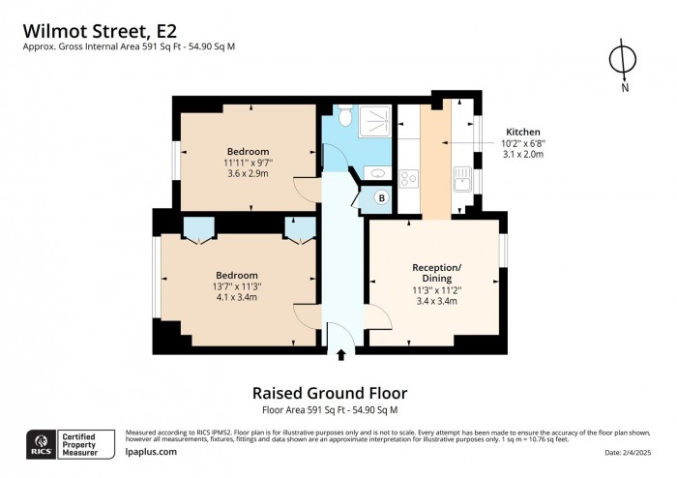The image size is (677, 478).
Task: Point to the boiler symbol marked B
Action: pos(380,198)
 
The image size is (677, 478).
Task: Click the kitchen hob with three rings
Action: pos(408,177)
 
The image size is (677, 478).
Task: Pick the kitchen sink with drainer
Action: pos(461,178)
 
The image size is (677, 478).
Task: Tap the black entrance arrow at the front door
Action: pos(339,355)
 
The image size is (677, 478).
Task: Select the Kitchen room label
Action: pos(523,132)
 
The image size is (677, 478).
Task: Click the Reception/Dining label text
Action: pos(436,273)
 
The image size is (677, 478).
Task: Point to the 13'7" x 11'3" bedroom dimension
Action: pos(237,287)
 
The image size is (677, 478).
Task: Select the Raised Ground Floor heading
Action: pos(329,393)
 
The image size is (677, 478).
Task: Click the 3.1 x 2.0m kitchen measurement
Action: pos(523,154)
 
